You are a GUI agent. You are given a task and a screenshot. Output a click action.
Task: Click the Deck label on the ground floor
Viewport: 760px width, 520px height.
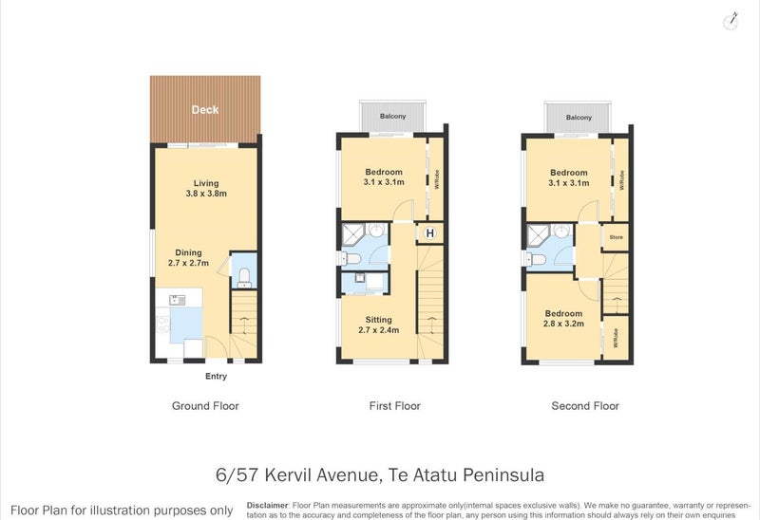204,109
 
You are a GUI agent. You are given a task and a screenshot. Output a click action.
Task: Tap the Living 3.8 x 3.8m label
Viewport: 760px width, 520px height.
204,189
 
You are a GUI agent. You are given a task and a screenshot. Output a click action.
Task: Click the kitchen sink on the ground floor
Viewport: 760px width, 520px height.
177,301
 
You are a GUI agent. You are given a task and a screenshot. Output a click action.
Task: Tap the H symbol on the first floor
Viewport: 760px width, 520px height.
430,233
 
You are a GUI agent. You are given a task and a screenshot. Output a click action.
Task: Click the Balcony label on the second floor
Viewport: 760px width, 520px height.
578,118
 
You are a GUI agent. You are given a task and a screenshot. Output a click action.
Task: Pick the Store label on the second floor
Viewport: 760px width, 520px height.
615,237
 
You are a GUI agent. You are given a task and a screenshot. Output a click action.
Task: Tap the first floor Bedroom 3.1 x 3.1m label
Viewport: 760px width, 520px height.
384,177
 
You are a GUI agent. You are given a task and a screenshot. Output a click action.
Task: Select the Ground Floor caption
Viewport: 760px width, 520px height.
205,406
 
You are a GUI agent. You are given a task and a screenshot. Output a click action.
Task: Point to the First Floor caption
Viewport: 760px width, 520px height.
394,406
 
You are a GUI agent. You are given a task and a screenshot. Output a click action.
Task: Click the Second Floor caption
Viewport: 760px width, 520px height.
585,406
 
